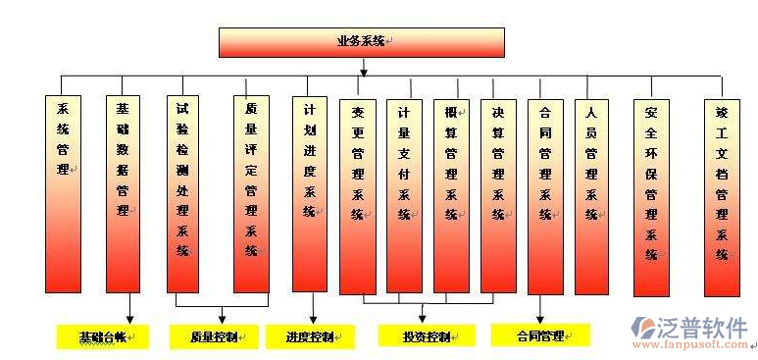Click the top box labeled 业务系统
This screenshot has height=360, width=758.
(361, 42)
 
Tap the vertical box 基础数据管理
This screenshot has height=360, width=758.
(124, 192)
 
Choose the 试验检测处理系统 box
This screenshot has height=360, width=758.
(183, 192)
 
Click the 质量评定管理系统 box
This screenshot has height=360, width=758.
(251, 192)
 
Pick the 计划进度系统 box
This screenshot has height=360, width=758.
(310, 192)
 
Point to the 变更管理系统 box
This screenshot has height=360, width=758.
(359, 195)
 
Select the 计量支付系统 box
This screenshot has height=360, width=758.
(405, 195)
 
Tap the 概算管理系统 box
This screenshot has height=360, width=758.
(451, 195)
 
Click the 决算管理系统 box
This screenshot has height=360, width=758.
(498, 195)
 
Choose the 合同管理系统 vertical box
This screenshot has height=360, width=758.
(545, 195)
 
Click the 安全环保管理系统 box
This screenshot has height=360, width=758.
(651, 195)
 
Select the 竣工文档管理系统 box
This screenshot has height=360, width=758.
(723, 195)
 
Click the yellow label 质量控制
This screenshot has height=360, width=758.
(214, 336)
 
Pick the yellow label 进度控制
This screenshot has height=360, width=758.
(310, 336)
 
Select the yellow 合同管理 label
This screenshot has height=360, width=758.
(540, 335)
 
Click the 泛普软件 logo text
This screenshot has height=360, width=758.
(704, 326)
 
